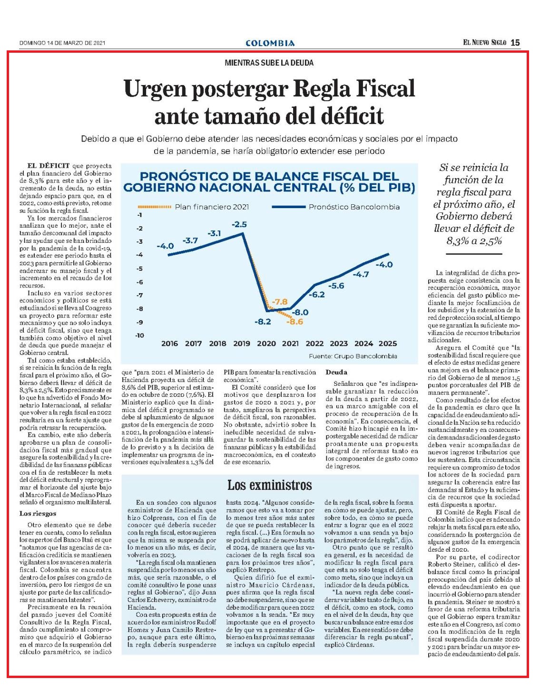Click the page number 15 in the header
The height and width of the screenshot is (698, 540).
pyautogui.click(x=515, y=43)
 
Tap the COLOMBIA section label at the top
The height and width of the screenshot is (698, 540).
pyautogui.click(x=270, y=43)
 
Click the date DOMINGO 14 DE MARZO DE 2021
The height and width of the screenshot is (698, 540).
pyautogui.click(x=62, y=43)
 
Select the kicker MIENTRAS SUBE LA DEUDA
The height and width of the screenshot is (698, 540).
pyautogui.click(x=269, y=63)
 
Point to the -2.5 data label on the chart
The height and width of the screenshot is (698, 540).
pyautogui.click(x=239, y=225)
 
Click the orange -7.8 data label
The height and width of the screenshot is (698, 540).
pyautogui.click(x=279, y=302)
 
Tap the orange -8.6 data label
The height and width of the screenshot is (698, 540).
pyautogui.click(x=295, y=322)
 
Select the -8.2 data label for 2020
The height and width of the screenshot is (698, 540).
pyautogui.click(x=263, y=322)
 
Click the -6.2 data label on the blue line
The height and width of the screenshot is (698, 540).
pyautogui.click(x=317, y=295)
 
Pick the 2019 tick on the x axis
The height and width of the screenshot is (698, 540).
pyautogui.click(x=242, y=344)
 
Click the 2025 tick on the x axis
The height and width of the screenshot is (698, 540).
pyautogui.click(x=388, y=344)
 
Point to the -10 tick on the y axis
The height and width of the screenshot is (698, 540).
pyautogui.click(x=140, y=335)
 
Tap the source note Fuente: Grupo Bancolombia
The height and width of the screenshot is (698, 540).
pyautogui.click(x=353, y=356)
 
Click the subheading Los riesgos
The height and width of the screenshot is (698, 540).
pyautogui.click(x=38, y=513)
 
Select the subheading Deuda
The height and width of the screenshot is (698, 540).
pyautogui.click(x=336, y=373)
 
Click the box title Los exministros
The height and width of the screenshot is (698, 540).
pyautogui.click(x=269, y=485)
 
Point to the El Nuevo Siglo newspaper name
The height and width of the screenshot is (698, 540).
pyautogui.click(x=485, y=43)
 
